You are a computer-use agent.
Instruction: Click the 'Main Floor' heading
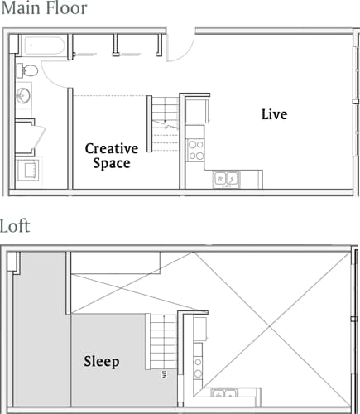(x=44, y=10)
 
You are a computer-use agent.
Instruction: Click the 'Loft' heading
(x=17, y=226)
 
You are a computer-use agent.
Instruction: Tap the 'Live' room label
(x=274, y=114)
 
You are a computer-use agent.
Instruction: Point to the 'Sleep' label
(x=102, y=362)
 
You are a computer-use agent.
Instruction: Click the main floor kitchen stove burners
(x=197, y=150)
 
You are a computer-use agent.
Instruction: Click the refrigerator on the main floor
(x=197, y=110)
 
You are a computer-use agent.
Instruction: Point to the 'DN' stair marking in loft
(x=164, y=374)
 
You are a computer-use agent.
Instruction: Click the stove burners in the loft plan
(x=197, y=364)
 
